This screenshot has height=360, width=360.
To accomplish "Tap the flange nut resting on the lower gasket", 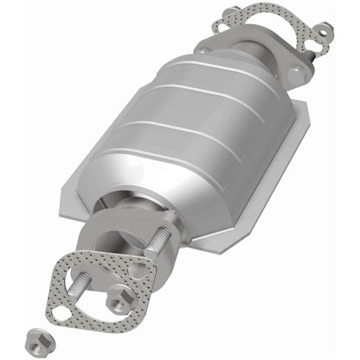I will (x=115, y=302).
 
